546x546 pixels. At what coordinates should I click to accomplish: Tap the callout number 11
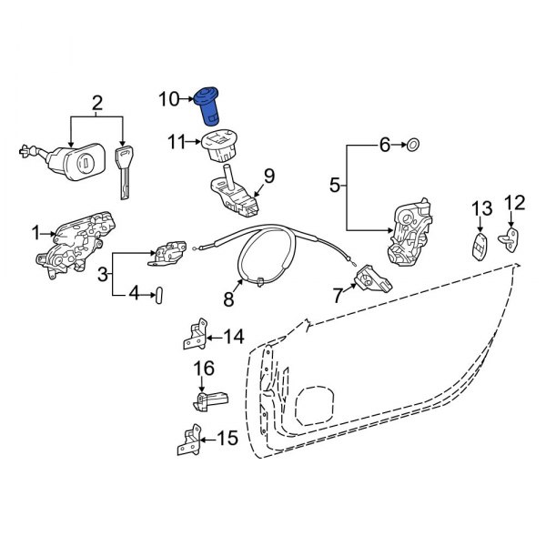tap(176, 141)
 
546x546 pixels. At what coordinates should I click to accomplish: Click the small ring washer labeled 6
tap(412, 144)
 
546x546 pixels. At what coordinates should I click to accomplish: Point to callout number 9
tap(268, 174)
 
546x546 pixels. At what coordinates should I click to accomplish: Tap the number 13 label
tap(480, 212)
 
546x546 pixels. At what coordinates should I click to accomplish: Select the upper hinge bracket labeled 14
tap(193, 336)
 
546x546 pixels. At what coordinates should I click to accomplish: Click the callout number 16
tap(202, 368)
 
